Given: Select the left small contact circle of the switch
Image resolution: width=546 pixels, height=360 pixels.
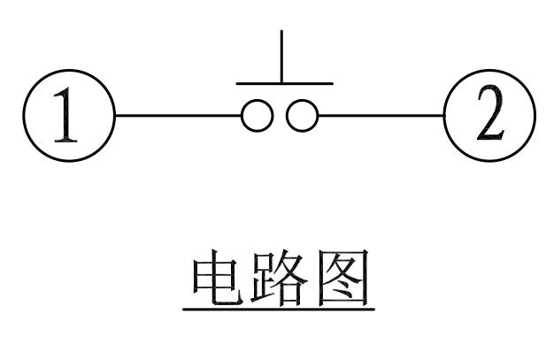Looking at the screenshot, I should point(255,116).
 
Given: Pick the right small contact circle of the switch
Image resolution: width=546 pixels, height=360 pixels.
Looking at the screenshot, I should point(303,116).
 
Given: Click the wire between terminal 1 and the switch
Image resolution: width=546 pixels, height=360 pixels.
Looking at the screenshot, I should point(177,116).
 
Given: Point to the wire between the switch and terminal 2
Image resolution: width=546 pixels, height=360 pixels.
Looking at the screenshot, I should point(381,116).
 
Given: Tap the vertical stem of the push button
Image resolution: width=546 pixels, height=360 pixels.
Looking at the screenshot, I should point(282,57).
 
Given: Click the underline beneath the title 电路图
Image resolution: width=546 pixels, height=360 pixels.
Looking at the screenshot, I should point(278,310).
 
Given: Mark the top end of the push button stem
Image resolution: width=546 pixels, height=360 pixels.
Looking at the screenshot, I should point(282,31).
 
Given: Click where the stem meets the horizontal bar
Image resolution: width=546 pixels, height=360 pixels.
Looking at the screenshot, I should point(282,84).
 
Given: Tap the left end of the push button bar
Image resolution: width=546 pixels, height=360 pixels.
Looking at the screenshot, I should point(236,84).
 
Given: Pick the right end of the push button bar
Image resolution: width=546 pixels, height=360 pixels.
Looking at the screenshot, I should point(332,84).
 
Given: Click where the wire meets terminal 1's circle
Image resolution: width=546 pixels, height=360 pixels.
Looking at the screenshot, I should point(116,116).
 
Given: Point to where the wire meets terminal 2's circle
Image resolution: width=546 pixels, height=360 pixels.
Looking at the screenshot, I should point(443,116).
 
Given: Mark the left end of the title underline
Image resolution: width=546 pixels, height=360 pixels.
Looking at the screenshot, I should point(183,310).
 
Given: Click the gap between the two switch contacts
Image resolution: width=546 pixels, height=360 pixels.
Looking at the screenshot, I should point(279,116).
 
